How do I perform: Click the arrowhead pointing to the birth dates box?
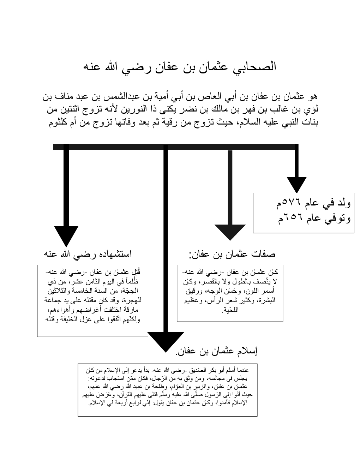pos(296,184)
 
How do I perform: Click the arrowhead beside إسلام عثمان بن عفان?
pos(166,341)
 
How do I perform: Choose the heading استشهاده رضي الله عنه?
pos(88,253)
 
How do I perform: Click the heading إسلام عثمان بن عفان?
pos(216,351)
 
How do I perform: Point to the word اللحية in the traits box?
pos(230,310)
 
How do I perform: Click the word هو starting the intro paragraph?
pos(313,96)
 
